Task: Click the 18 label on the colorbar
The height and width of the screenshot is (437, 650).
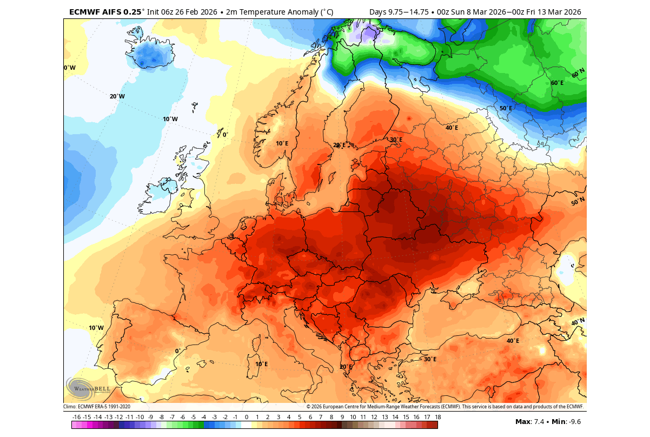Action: [437, 417]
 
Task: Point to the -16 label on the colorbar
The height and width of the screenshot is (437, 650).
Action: [76, 417]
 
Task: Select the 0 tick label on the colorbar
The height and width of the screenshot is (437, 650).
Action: [246, 417]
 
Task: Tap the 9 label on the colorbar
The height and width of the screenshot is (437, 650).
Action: [342, 417]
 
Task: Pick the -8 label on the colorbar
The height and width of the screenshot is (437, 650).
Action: [161, 417]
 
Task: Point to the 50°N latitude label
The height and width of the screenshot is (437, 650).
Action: [578, 202]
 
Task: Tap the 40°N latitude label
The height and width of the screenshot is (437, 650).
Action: [578, 322]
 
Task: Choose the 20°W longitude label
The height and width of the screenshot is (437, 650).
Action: [117, 96]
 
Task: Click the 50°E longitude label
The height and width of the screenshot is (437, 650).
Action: [505, 108]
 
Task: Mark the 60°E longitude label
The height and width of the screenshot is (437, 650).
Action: [557, 83]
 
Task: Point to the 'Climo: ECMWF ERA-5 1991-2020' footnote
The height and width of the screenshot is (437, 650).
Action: [97, 407]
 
